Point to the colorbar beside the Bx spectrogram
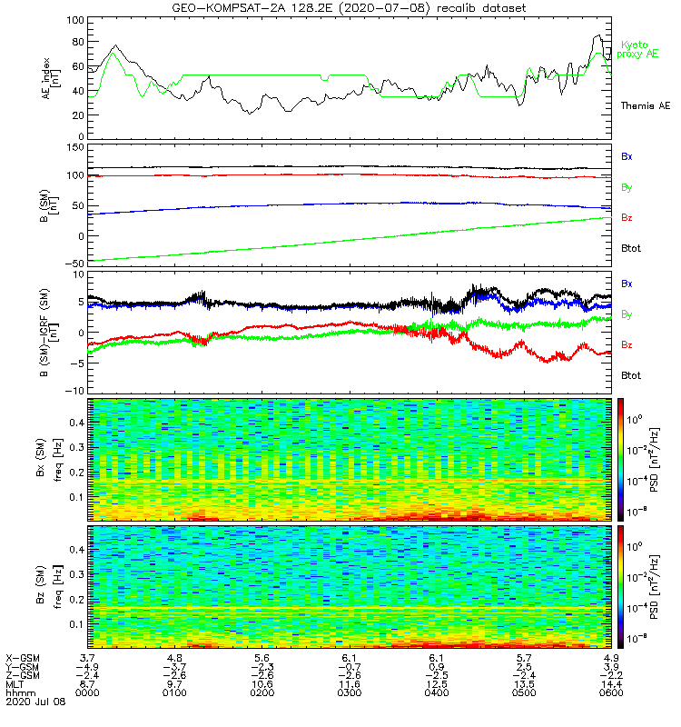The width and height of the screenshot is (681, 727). tap(624, 459)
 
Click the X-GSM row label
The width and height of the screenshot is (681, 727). tap(21, 657)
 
